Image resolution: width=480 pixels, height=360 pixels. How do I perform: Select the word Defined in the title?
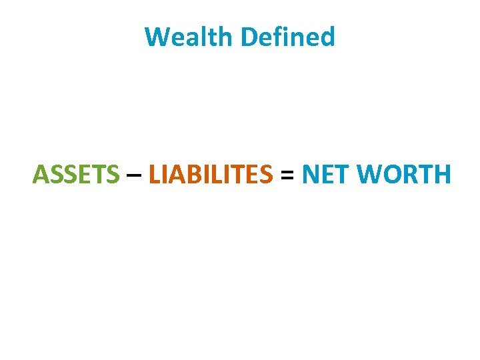[288, 37]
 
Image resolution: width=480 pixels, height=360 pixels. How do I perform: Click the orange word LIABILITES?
[211, 175]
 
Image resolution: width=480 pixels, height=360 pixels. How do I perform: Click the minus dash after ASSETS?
[133, 176]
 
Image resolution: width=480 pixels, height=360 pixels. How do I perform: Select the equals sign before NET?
[287, 175]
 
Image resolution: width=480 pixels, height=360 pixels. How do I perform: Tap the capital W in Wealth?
[157, 37]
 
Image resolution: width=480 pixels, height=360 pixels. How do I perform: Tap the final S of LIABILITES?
[266, 175]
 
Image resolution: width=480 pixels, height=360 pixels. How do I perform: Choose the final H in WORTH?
[443, 175]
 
